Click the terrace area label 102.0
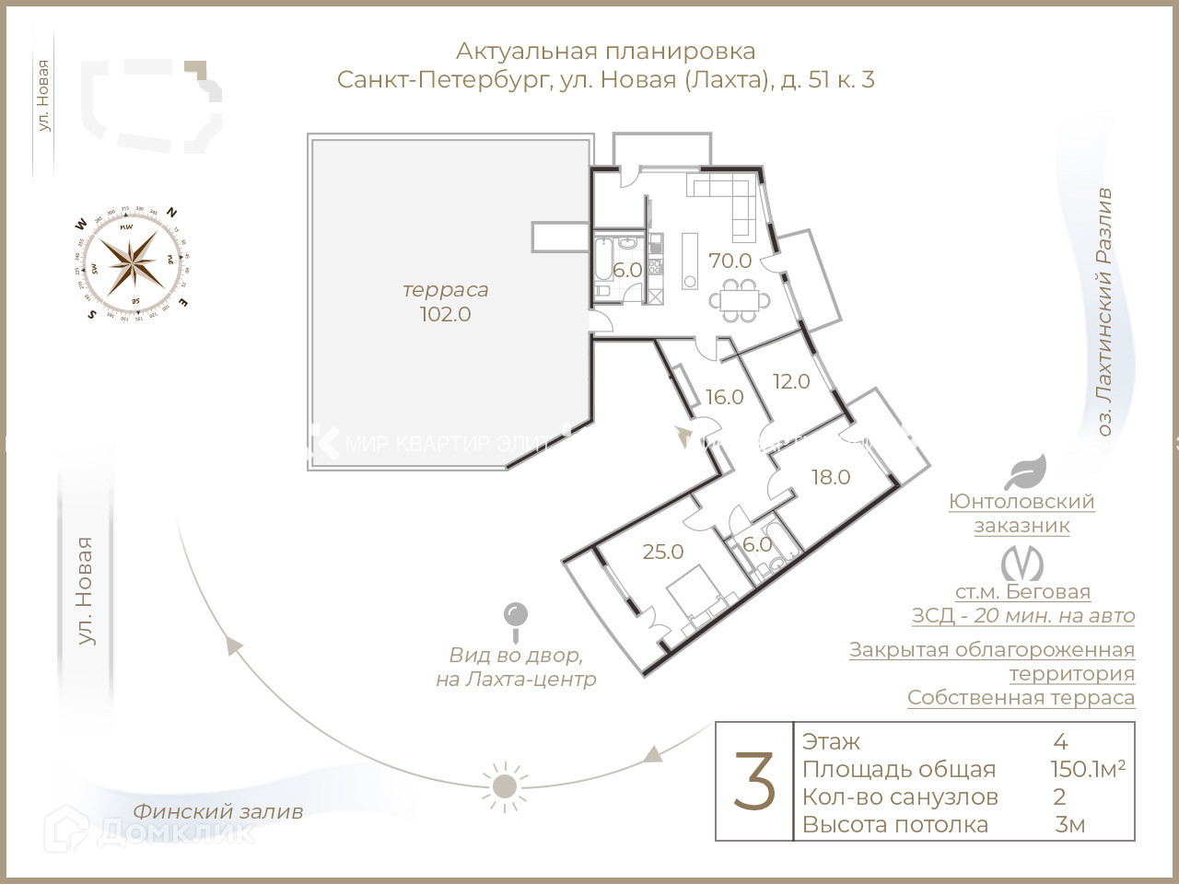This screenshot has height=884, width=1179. click(446, 314)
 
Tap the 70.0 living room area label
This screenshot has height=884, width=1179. click(730, 262)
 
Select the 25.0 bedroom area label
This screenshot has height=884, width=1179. click(663, 552)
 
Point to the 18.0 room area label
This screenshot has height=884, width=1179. click(830, 477)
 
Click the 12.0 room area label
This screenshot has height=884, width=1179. click(790, 381)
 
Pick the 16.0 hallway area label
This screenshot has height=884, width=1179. click(724, 397)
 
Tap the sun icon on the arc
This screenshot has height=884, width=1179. click(504, 785)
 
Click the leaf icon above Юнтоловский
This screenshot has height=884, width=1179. click(1024, 472)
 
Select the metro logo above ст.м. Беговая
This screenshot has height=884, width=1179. click(1022, 564)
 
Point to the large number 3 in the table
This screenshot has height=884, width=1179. click(754, 782)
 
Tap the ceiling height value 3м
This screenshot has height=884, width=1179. click(1069, 824)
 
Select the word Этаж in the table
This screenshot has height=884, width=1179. click(831, 741)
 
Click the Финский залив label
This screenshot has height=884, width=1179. click(217, 811)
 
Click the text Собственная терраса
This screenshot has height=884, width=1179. click(1021, 697)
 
